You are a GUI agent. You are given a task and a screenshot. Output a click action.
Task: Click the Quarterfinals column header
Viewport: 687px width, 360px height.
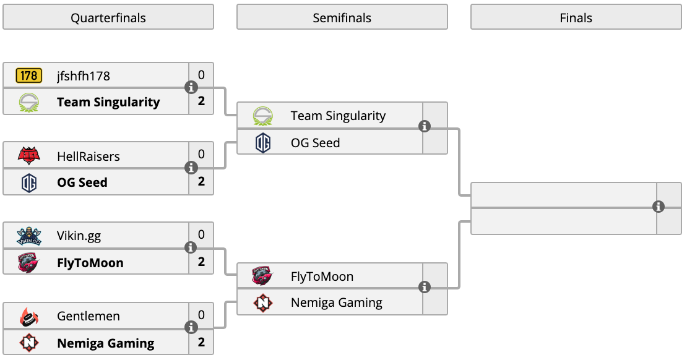click(108, 17)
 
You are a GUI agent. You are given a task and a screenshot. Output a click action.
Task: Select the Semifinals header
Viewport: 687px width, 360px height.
click(342, 17)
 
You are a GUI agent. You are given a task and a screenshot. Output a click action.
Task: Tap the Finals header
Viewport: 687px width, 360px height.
click(576, 17)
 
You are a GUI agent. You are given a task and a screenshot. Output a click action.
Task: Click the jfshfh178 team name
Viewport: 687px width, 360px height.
click(84, 75)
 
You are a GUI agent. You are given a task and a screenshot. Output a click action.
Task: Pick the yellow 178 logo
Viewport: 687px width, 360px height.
click(29, 75)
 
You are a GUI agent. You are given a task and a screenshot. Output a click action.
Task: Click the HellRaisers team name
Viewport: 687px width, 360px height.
click(88, 156)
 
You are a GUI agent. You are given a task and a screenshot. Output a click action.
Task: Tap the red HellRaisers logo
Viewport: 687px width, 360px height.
click(29, 155)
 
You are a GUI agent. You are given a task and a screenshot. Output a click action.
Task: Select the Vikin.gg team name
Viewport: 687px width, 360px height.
click(79, 236)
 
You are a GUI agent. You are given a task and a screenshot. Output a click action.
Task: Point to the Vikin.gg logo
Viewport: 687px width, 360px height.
click(29, 236)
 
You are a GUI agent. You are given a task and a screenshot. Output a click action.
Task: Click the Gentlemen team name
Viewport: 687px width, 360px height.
click(88, 315)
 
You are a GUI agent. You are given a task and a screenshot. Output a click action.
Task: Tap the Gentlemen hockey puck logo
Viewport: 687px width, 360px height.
click(29, 317)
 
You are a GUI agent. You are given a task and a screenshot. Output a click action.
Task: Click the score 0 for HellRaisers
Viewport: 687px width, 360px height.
click(201, 154)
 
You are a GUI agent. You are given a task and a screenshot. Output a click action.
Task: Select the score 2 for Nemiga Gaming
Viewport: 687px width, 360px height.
click(201, 342)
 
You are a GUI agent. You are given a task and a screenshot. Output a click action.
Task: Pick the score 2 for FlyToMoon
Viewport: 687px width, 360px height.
click(201, 262)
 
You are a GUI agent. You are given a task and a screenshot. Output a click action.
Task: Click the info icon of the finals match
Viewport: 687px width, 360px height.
click(658, 207)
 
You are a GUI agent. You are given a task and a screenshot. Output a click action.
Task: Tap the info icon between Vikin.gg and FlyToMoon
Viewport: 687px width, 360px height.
click(191, 247)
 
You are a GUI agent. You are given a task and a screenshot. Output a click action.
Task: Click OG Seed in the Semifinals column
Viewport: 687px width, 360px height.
click(315, 143)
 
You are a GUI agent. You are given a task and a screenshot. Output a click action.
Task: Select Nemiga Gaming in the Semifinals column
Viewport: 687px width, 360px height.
click(337, 302)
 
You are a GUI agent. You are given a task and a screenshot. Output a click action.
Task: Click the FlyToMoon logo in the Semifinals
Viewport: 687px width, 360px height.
click(262, 276)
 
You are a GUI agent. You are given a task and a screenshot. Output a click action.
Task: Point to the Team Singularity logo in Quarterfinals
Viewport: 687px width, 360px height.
click(29, 103)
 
